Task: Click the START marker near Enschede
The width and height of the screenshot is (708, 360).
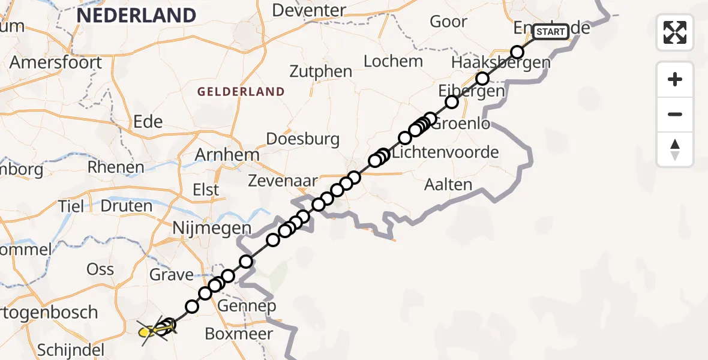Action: tap(550, 31)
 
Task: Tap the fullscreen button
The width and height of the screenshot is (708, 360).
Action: tap(675, 32)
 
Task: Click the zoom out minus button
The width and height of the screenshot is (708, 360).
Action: tap(675, 114)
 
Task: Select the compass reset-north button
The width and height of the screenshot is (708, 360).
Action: tap(675, 149)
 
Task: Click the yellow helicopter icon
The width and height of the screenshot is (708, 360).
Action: tap(148, 330)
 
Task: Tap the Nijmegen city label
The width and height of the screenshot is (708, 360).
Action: tap(211, 229)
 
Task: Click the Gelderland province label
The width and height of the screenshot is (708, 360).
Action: tap(241, 92)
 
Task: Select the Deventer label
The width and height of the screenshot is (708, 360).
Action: tap(309, 10)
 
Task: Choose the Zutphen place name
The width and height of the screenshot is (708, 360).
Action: tap(321, 71)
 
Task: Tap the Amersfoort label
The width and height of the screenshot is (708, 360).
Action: tap(56, 62)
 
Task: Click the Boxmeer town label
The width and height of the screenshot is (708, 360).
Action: tap(239, 334)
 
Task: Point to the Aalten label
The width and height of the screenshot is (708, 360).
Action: tap(448, 184)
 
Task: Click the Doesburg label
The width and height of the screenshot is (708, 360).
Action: tap(302, 139)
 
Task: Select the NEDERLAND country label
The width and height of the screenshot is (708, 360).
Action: tap(136, 15)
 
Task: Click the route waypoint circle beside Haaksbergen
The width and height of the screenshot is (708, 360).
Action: tap(482, 79)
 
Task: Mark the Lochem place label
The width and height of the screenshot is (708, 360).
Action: tap(393, 61)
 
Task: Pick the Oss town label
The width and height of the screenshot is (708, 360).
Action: tap(100, 269)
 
